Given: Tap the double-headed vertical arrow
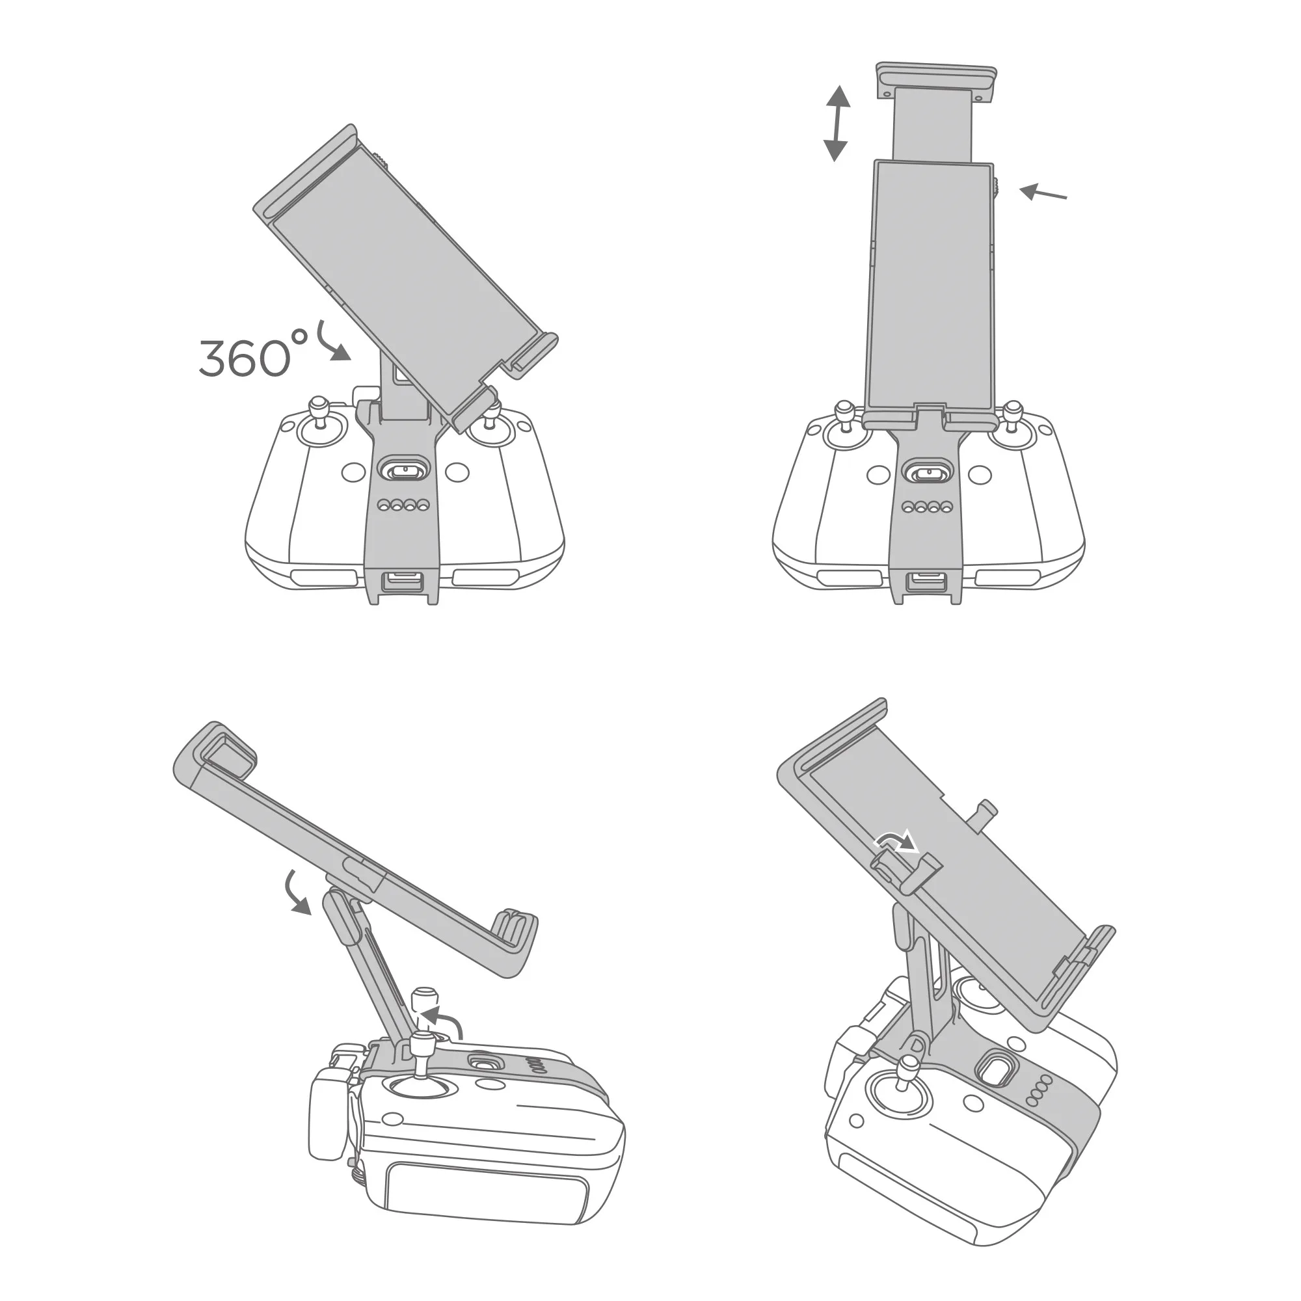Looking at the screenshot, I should pos(837,123).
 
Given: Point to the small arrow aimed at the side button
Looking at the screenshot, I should pos(1042,193).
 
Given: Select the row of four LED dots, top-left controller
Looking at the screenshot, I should pos(403,504).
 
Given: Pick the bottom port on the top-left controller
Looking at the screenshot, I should pos(402,580).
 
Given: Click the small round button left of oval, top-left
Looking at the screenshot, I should pos(353,472).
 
